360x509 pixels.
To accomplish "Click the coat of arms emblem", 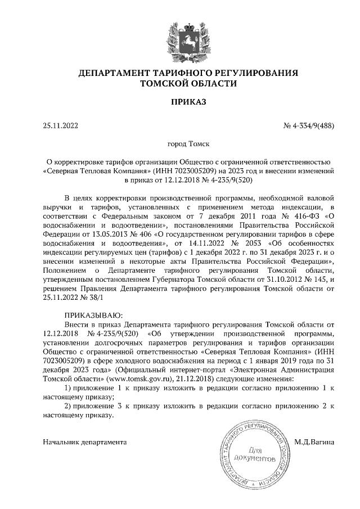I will click(179, 38).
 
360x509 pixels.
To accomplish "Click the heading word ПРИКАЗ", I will click(179, 103).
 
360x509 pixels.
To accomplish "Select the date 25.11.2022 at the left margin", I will click(60, 126).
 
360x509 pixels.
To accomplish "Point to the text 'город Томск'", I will click(179, 144).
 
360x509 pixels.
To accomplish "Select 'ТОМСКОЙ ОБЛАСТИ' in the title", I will click(179, 83).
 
